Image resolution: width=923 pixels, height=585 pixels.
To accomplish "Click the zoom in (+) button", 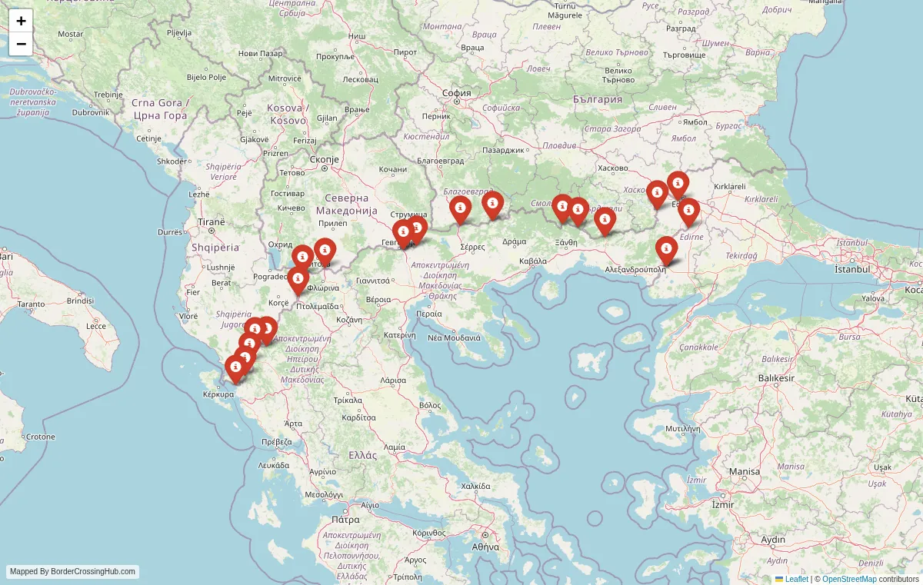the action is point(21,21).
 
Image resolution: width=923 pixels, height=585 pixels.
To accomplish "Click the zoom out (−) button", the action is point(21,44).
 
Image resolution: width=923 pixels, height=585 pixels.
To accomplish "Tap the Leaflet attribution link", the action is point(796,579).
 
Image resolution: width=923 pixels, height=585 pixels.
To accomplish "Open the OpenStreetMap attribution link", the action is point(849,579).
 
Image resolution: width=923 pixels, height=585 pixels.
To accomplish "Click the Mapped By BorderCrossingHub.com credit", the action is point(73,571).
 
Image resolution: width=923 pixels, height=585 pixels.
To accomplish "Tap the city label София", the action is point(456,93).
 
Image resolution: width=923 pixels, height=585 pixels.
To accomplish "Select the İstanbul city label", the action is point(852,269).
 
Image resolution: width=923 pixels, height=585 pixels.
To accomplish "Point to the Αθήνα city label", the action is point(486,547).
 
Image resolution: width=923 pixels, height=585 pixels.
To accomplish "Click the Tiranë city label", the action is point(211,221).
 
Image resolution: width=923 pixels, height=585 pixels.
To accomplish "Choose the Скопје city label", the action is point(324,159).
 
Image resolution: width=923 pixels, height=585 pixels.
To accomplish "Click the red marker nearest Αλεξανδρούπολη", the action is point(666,249).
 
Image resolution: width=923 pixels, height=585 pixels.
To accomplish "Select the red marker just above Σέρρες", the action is point(460,208).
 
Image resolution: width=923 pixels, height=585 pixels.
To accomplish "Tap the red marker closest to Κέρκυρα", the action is point(235,367).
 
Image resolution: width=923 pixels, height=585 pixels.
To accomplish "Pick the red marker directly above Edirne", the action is point(688,211).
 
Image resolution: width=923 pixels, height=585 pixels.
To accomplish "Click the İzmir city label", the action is point(723,504).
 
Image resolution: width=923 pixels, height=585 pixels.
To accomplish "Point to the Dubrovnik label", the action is point(91,112).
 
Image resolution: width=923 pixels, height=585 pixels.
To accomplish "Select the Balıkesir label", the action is point(775,378).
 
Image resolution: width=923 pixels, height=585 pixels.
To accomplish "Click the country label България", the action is point(598,99).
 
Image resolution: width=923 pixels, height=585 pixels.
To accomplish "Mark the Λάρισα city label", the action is point(392,380).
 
